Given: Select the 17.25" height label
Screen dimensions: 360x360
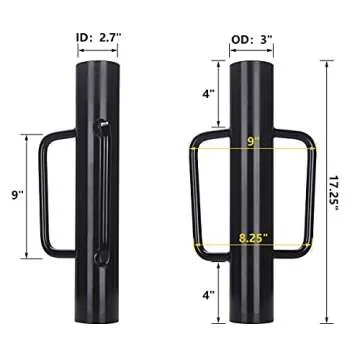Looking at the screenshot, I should point(341,190).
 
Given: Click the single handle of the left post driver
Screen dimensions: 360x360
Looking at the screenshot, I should point(49,190).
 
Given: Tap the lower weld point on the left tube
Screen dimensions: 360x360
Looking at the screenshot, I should point(99,258).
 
